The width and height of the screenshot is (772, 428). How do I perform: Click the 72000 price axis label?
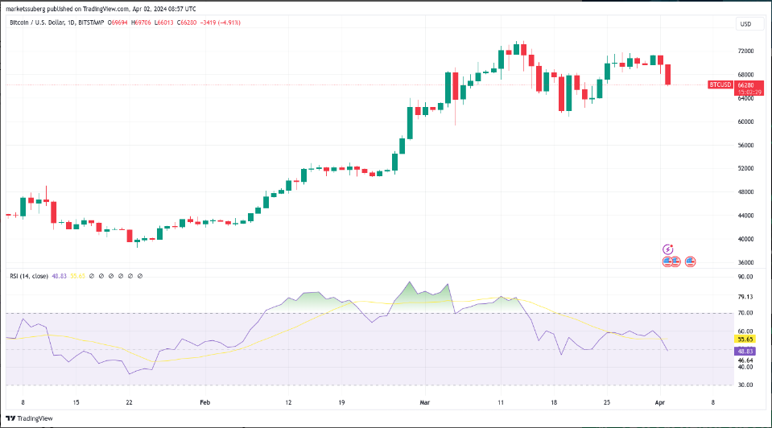click(x=745, y=51)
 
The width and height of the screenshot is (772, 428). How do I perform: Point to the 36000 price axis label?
click(x=745, y=262)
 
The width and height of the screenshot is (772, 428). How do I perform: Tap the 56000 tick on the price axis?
click(x=745, y=145)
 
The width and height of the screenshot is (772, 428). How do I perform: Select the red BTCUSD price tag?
click(x=720, y=84)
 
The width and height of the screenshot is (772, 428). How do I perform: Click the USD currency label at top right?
click(x=745, y=24)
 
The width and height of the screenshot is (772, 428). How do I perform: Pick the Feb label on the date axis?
click(x=204, y=401)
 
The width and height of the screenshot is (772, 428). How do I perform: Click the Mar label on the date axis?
click(x=425, y=401)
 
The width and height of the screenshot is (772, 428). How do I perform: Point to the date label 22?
click(x=128, y=401)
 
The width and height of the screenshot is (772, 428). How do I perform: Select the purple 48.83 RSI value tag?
click(x=745, y=352)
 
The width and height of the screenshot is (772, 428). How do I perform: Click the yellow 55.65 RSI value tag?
click(x=745, y=340)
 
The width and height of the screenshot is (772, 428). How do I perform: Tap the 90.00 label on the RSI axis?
click(x=745, y=277)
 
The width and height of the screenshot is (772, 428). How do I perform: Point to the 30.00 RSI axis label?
click(x=745, y=385)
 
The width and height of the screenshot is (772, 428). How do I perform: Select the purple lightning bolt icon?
click(x=667, y=250)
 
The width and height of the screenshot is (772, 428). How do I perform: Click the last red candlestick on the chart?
click(x=668, y=74)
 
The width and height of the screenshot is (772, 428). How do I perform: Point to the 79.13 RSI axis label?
click(x=745, y=297)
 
